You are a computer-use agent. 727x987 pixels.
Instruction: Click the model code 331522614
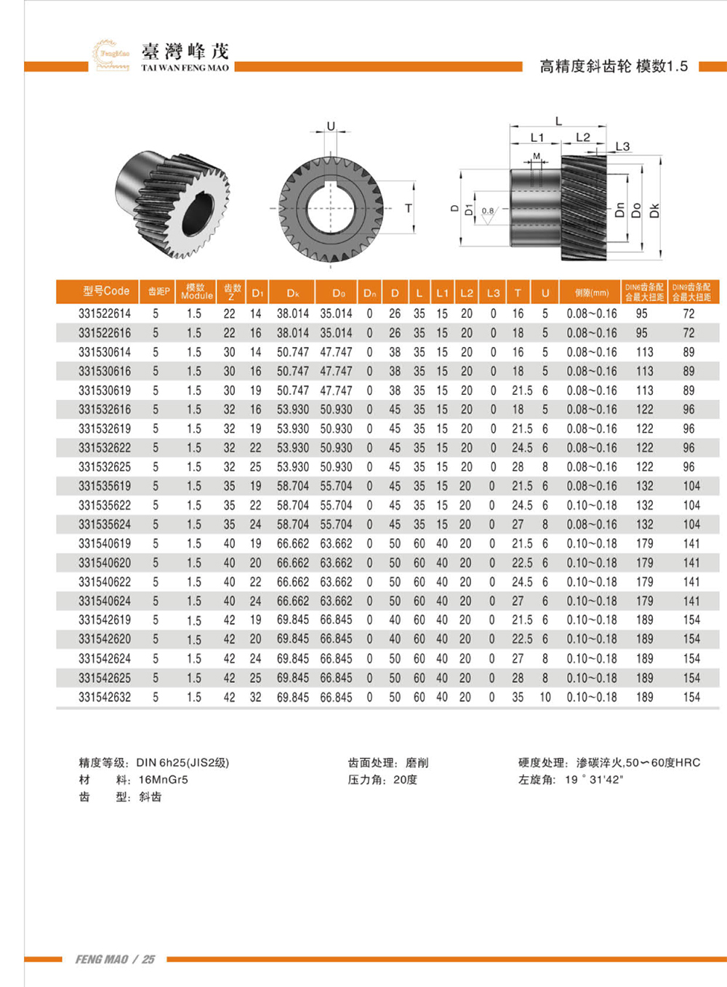click(105, 313)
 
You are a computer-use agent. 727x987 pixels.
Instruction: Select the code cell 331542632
click(105, 697)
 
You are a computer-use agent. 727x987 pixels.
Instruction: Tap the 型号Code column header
click(105, 291)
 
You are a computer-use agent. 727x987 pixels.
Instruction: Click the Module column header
click(196, 292)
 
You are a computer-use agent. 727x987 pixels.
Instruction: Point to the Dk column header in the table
click(293, 293)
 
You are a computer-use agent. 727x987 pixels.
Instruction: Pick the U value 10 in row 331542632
click(545, 697)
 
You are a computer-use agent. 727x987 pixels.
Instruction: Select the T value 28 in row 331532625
click(518, 467)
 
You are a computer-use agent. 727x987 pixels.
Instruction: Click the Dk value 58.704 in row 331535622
click(292, 506)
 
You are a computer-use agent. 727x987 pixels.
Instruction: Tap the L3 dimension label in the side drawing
click(622, 146)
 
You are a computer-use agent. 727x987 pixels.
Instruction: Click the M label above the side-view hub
click(537, 156)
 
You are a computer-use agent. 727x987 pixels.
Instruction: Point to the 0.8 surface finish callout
click(487, 211)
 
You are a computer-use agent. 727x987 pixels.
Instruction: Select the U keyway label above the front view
click(331, 126)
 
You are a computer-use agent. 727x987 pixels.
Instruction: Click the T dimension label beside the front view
click(409, 209)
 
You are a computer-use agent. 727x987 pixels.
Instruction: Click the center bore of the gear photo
click(196, 212)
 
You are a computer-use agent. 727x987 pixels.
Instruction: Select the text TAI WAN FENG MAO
click(185, 68)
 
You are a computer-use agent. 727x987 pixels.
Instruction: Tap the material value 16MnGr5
click(163, 780)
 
